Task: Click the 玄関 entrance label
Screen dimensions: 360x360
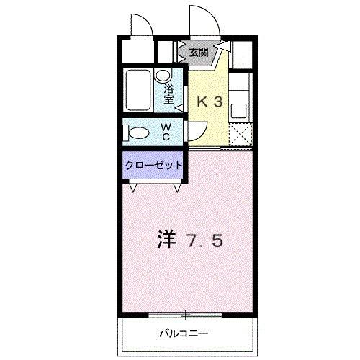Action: click(x=199, y=51)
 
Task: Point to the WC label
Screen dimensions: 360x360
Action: click(x=165, y=131)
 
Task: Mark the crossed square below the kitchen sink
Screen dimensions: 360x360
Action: click(x=240, y=134)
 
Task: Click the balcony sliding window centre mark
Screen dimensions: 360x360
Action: click(x=186, y=315)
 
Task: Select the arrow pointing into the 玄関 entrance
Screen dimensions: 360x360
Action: click(x=222, y=49)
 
